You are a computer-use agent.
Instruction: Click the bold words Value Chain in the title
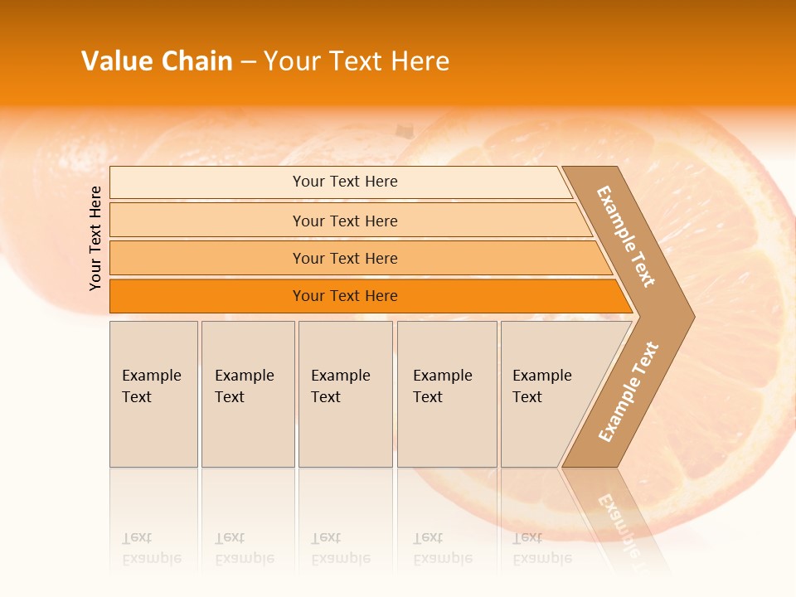click(157, 61)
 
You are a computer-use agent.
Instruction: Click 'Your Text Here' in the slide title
click(357, 61)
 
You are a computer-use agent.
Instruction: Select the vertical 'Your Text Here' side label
click(95, 238)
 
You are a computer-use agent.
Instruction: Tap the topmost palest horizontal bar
click(344, 182)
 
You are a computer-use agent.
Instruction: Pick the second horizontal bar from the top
click(344, 221)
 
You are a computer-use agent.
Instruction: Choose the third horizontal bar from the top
click(344, 258)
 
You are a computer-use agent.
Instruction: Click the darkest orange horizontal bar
click(344, 296)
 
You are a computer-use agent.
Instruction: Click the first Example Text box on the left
click(153, 393)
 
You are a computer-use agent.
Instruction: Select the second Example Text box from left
click(247, 393)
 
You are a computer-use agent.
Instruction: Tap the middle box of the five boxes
click(345, 393)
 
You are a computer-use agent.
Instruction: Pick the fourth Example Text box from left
click(446, 393)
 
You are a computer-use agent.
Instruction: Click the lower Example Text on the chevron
click(629, 391)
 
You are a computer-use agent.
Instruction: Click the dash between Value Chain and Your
click(248, 62)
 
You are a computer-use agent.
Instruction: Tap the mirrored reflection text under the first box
click(151, 548)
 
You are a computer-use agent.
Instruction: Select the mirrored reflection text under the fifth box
click(541, 548)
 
